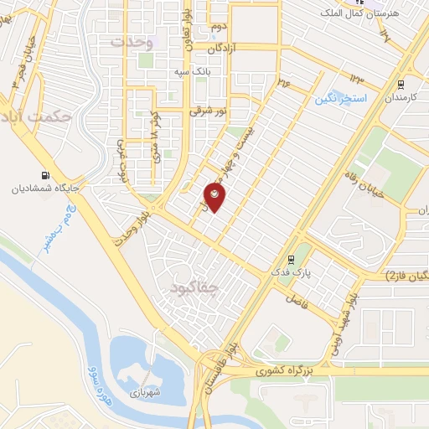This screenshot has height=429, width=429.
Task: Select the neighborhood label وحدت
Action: (x=132, y=41)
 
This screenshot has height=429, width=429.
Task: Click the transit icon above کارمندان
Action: (x=401, y=84)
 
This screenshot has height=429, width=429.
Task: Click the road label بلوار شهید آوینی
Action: (x=345, y=322)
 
